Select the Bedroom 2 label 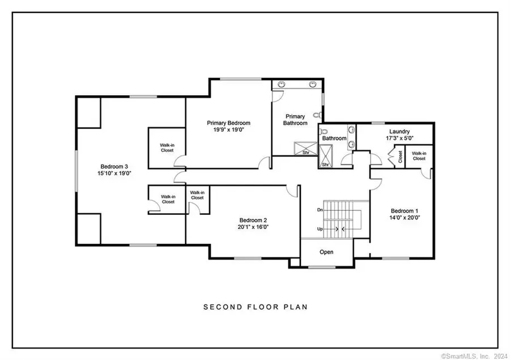pyautogui.click(x=253, y=220)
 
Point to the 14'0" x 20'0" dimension pyautogui.click(x=404, y=217)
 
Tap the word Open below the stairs pyautogui.click(x=326, y=252)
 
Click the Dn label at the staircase pyautogui.click(x=320, y=210)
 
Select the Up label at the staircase pyautogui.click(x=320, y=228)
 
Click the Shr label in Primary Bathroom pyautogui.click(x=305, y=152)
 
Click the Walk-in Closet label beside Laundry pyautogui.click(x=419, y=155)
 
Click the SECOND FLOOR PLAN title pyautogui.click(x=255, y=307)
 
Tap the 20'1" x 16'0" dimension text pyautogui.click(x=253, y=227)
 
